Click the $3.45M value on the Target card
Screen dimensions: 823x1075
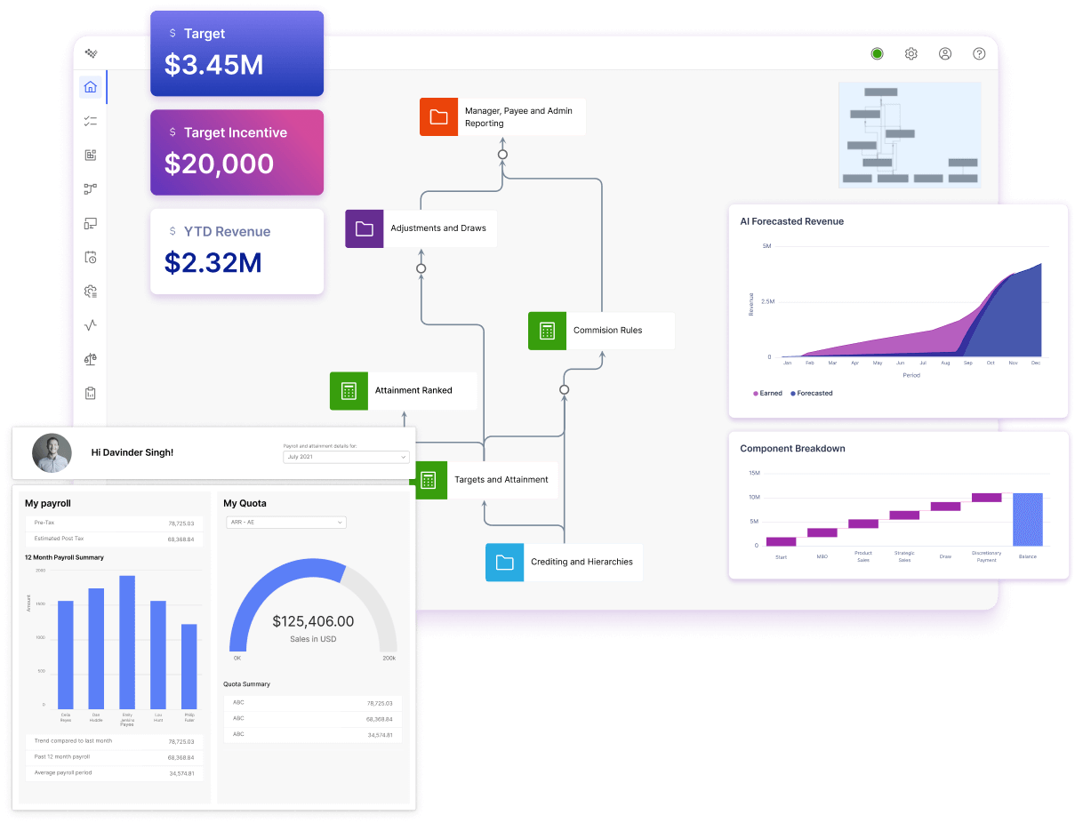[x=213, y=65]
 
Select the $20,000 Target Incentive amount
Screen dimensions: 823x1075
[x=219, y=164]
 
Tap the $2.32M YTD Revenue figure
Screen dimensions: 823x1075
[x=213, y=262]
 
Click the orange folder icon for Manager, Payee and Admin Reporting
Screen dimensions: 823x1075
[x=438, y=117]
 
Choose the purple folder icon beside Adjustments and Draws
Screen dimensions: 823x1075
[x=364, y=228]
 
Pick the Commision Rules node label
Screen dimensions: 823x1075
[x=607, y=331]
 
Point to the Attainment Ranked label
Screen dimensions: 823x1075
[x=413, y=390]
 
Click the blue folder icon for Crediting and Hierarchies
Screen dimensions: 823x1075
[x=504, y=562]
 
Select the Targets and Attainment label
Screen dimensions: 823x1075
[x=501, y=480]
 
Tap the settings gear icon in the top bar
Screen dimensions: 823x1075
[x=911, y=54]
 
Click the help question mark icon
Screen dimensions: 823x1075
[x=979, y=54]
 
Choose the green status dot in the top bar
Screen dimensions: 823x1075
[x=877, y=54]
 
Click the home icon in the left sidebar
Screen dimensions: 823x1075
[x=90, y=87]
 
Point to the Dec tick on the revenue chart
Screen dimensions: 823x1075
[x=1036, y=363]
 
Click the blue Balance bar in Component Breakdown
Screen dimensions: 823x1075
[x=1027, y=519]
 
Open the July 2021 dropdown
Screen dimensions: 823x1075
[x=346, y=457]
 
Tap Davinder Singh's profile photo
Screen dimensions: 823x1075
[x=52, y=453]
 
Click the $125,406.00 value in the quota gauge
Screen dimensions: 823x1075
[x=313, y=621]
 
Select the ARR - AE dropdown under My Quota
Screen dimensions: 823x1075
[x=285, y=523]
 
